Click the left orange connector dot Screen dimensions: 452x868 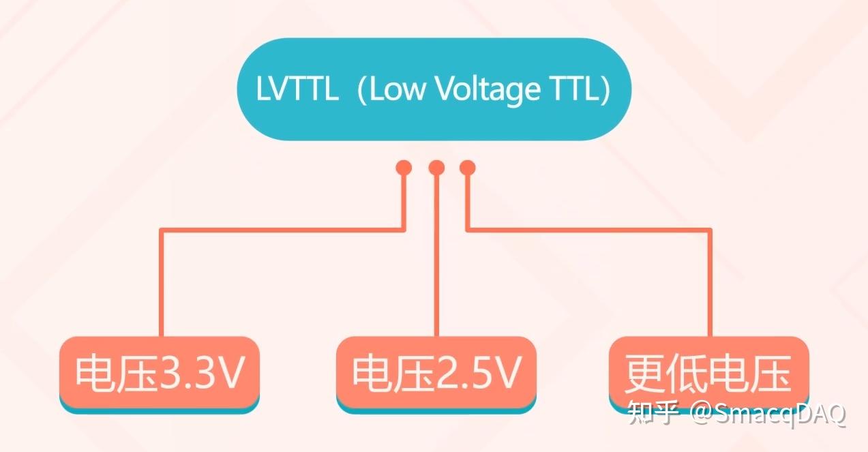(404, 167)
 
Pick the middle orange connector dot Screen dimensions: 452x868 (436, 167)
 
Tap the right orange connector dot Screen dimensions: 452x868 (467, 167)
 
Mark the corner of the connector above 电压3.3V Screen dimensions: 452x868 (162, 230)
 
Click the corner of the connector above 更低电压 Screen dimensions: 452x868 (710, 230)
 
